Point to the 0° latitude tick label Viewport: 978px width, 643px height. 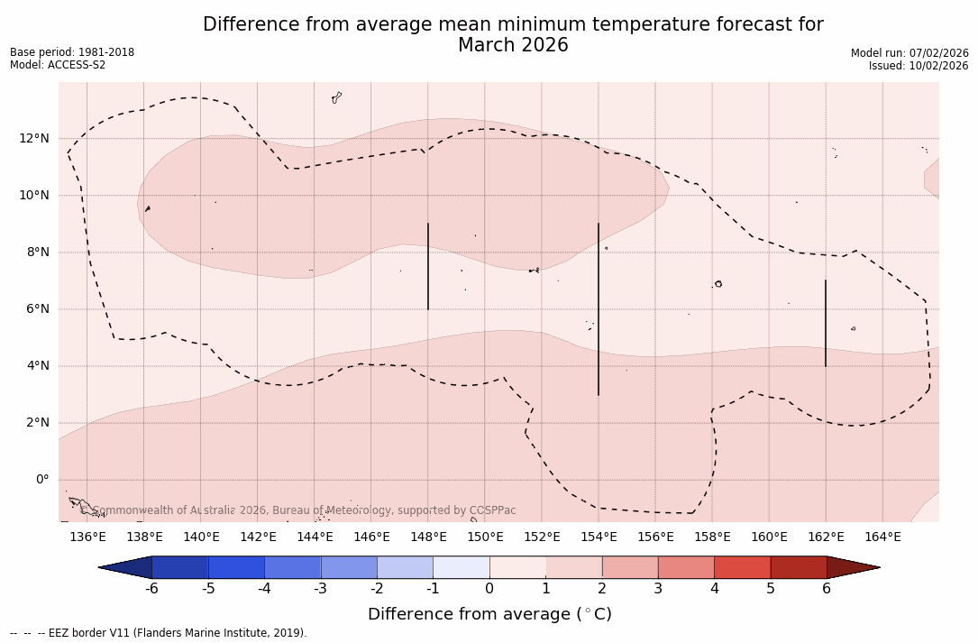(41, 480)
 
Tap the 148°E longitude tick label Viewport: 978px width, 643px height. (428, 537)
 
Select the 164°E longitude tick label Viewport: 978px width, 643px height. (882, 537)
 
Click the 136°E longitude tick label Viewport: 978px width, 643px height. (87, 537)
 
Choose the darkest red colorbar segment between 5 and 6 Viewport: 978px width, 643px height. (798, 567)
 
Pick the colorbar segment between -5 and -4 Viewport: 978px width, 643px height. (236, 567)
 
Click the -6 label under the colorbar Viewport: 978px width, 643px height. (151, 589)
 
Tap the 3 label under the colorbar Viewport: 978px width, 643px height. (658, 589)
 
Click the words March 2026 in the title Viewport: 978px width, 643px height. (513, 45)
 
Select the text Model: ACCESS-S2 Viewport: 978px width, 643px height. (58, 65)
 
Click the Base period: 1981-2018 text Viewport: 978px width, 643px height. (72, 52)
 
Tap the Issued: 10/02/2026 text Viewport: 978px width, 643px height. (919, 66)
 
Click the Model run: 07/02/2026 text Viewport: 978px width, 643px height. (909, 53)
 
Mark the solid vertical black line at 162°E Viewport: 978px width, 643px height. (826, 323)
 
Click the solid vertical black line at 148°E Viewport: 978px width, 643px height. (428, 266)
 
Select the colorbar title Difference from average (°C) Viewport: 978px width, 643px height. (489, 614)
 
